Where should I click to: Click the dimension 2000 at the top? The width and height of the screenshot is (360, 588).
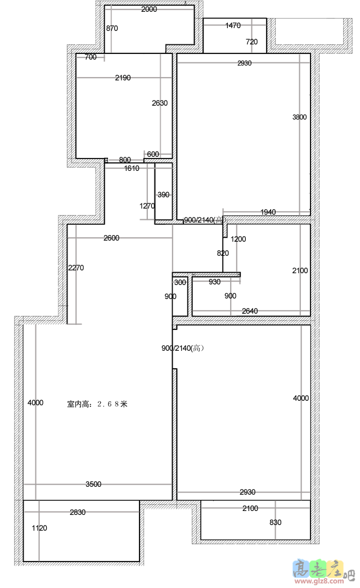[x=149, y=10]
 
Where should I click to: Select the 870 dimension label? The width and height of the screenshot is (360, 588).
[x=112, y=28]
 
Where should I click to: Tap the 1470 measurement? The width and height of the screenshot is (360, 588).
[x=233, y=25]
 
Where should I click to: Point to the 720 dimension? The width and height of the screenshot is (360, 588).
[x=252, y=42]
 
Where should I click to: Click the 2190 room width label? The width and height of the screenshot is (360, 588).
[x=123, y=78]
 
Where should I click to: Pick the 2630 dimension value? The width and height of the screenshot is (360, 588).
[x=160, y=103]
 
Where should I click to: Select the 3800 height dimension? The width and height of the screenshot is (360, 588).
[x=299, y=117]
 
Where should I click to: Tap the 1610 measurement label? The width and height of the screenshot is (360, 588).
[x=132, y=169]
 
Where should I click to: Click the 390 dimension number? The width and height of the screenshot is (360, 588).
[x=163, y=195]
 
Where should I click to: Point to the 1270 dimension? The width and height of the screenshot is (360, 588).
[x=147, y=206]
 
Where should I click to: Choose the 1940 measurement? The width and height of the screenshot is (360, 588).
[x=268, y=212]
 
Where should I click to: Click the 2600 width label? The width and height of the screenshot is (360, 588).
[x=111, y=238]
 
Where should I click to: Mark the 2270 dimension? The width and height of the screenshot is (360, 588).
[x=76, y=268]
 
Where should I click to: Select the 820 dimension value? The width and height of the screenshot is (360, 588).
[x=223, y=254]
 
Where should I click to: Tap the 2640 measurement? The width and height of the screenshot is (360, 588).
[x=250, y=311]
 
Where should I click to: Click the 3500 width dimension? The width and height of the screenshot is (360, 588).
[x=93, y=484]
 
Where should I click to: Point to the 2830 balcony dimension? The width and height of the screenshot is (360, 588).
[x=78, y=512]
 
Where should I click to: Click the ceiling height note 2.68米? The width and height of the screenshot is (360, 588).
[x=97, y=404]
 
